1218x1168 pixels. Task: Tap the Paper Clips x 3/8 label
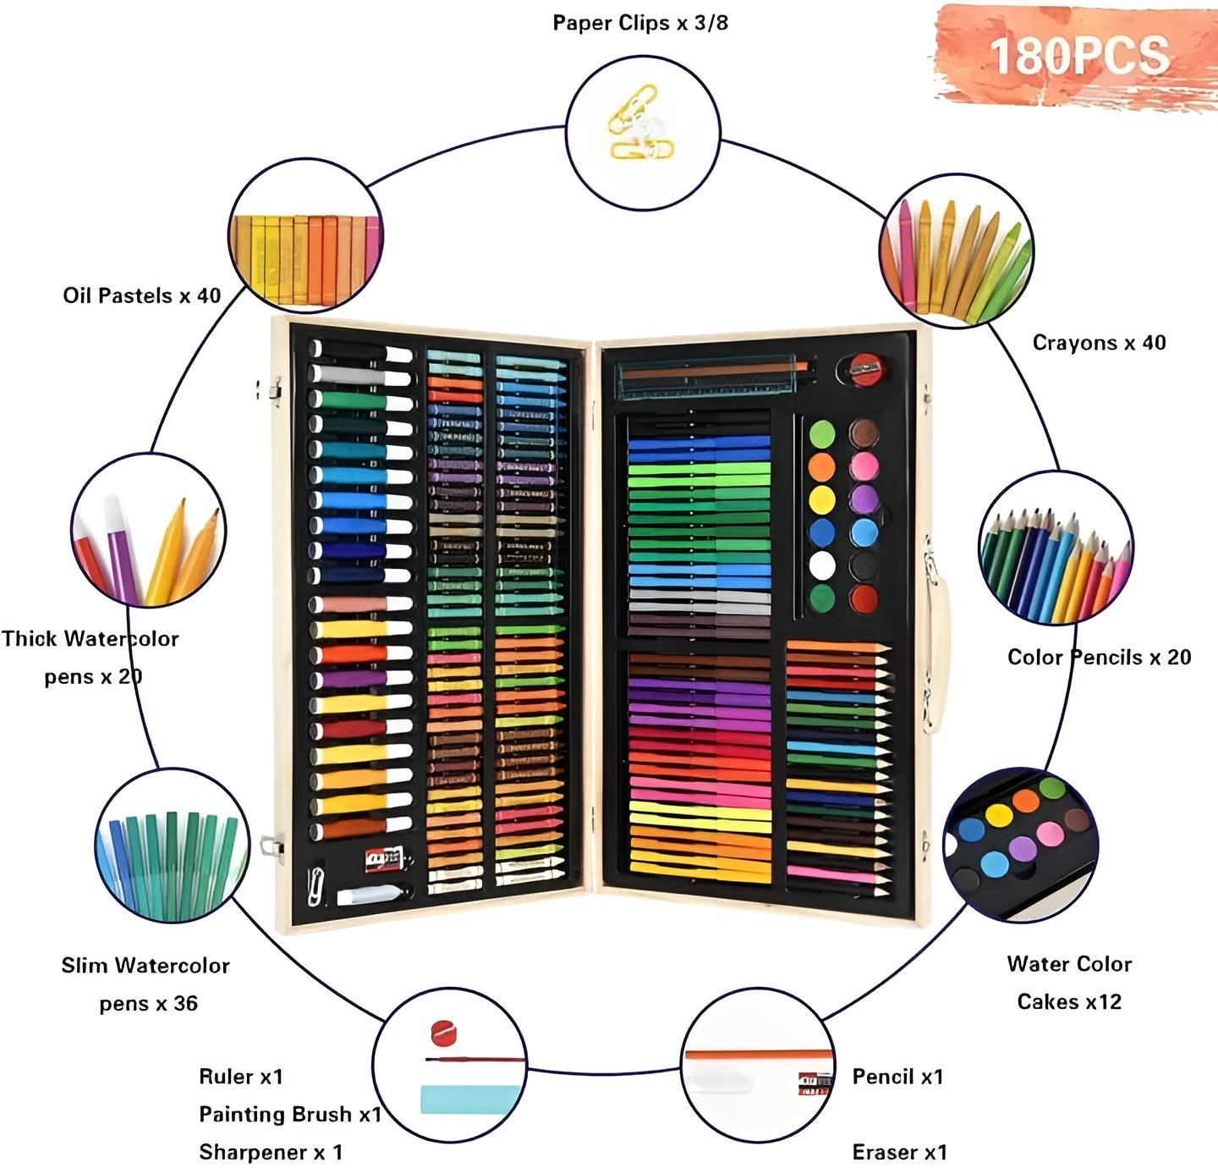click(640, 23)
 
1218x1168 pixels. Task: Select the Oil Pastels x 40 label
click(142, 295)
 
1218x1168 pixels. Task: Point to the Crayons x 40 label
click(1099, 343)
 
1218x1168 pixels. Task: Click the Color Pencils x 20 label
click(1099, 657)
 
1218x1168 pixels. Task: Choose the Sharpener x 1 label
click(271, 1152)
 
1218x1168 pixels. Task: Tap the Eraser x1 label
click(899, 1152)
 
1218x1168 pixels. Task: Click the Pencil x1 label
click(897, 1076)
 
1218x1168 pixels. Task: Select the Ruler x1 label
click(241, 1076)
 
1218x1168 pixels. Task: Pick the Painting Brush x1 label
click(290, 1114)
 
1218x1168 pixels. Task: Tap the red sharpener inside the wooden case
click(862, 370)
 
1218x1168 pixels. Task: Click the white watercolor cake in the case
click(822, 566)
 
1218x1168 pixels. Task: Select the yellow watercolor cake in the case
click(822, 499)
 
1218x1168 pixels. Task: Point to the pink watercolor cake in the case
click(864, 466)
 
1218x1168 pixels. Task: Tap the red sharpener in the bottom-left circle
click(444, 1033)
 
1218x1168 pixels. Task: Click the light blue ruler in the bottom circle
click(470, 1099)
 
